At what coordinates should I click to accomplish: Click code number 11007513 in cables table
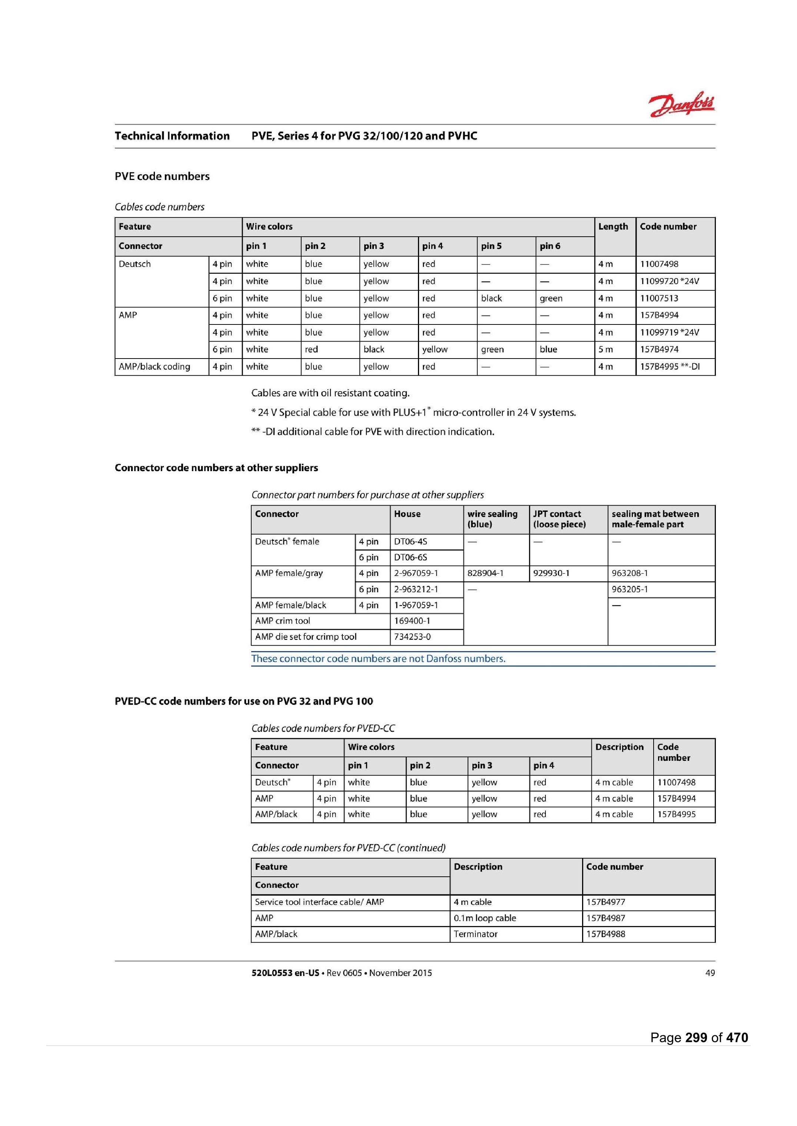tap(658, 298)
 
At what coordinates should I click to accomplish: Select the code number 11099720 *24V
tap(669, 281)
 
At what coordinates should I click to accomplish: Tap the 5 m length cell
tap(605, 349)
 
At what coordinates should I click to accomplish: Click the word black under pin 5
tap(491, 298)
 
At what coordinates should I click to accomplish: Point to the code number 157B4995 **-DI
tap(670, 366)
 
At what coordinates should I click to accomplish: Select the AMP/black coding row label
tap(154, 366)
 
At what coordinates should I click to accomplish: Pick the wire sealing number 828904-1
tap(485, 573)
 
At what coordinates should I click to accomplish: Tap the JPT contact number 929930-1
tap(551, 573)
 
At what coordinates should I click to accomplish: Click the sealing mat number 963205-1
tap(630, 589)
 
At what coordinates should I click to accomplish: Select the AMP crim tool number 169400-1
tap(412, 621)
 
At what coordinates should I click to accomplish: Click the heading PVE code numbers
tap(162, 176)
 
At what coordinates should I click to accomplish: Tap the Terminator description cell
tap(475, 934)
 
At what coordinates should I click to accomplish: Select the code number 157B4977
tap(605, 902)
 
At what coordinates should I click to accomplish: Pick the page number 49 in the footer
tap(710, 973)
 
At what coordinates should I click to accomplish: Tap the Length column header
tap(612, 227)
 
